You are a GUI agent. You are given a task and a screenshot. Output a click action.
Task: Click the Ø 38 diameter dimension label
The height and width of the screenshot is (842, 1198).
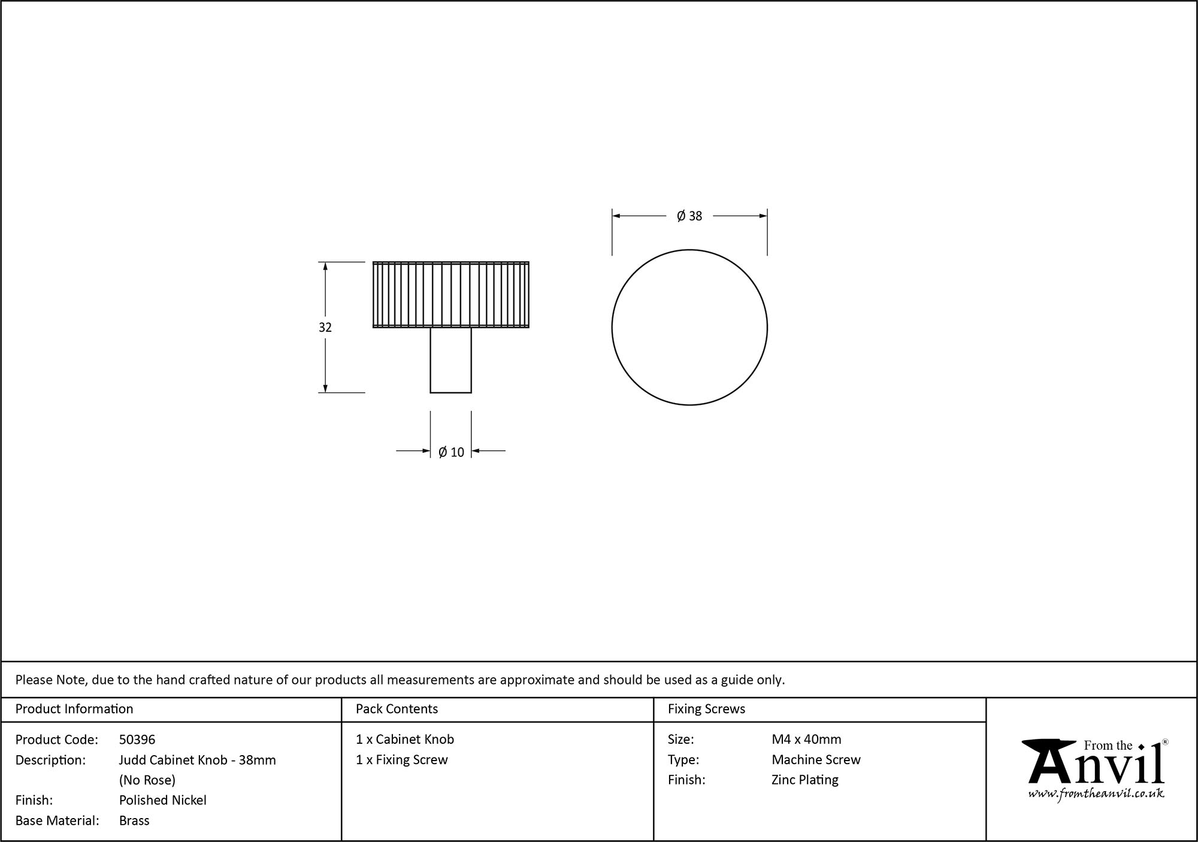point(689,216)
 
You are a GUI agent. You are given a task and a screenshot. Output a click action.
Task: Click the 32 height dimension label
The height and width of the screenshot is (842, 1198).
point(325,328)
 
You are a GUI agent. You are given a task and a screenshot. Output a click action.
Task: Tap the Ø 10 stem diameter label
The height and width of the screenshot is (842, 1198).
point(451,452)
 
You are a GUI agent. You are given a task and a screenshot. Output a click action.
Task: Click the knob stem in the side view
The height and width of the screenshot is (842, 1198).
point(450,360)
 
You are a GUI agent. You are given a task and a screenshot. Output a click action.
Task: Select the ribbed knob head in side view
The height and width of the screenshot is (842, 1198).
point(450,295)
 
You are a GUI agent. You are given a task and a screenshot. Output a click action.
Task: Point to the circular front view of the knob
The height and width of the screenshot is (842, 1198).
point(689,328)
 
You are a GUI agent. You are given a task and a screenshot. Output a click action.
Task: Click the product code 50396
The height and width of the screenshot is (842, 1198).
point(137,740)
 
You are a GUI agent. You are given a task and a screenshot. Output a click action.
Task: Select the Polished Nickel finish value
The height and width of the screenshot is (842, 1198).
point(162,800)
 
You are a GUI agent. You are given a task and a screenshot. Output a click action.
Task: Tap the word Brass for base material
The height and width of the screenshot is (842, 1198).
point(134,820)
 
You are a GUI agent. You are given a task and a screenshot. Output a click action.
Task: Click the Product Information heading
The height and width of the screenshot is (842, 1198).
point(74,709)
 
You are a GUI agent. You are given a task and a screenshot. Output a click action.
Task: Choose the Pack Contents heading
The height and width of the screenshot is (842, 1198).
point(397,709)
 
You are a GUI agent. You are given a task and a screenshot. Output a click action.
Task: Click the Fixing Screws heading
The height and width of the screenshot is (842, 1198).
point(706,709)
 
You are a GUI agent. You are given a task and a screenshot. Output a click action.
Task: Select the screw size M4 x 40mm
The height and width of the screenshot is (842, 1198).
point(806,740)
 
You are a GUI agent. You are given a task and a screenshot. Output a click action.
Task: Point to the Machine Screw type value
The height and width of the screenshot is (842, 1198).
point(816,759)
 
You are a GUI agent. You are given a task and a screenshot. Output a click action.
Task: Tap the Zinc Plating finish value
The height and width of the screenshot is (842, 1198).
point(804,780)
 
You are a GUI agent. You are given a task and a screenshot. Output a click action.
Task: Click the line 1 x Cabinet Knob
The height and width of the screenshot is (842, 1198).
point(405,740)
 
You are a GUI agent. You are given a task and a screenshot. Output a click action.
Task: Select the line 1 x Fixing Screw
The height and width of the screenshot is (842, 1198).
point(402,759)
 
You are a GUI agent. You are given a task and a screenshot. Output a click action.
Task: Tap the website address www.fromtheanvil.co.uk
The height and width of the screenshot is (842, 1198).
point(1096,793)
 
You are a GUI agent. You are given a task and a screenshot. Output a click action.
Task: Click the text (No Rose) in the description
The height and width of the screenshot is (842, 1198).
point(147,780)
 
